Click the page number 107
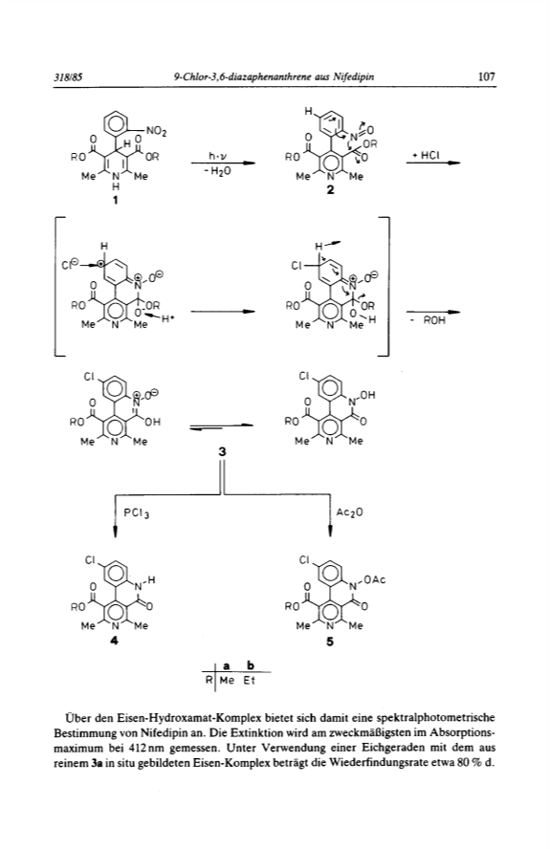[487, 76]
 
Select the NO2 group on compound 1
[157, 131]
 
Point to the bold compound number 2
[330, 189]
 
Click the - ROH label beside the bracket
[433, 320]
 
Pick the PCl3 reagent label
[136, 512]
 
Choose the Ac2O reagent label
[349, 512]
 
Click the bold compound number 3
[222, 451]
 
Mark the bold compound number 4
[115, 642]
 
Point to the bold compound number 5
[330, 642]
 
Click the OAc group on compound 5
[374, 580]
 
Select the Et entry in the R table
[249, 680]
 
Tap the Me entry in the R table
[227, 680]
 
